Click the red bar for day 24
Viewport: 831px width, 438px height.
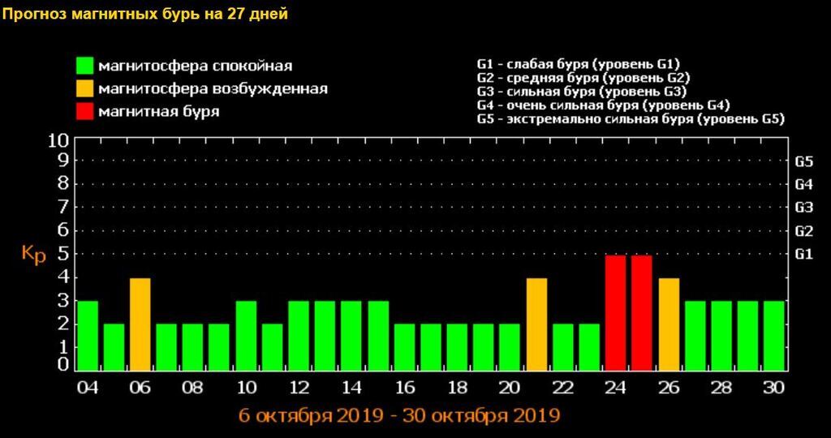pyautogui.click(x=616, y=312)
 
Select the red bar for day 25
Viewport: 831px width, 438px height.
pyautogui.click(x=642, y=312)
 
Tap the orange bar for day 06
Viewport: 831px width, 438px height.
pyautogui.click(x=140, y=324)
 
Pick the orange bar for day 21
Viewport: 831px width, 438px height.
pyautogui.click(x=536, y=324)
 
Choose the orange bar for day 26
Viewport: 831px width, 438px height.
pyautogui.click(x=669, y=324)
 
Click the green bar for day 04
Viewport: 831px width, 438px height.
pyautogui.click(x=88, y=335)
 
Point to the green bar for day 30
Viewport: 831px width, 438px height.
pyautogui.click(x=774, y=335)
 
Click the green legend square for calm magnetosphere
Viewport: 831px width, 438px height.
pyautogui.click(x=84, y=66)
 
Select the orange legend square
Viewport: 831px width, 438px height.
pyautogui.click(x=84, y=88)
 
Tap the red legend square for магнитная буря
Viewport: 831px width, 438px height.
pyautogui.click(x=84, y=111)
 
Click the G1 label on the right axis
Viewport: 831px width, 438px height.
pyautogui.click(x=803, y=255)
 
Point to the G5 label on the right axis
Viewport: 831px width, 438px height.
pyautogui.click(x=803, y=161)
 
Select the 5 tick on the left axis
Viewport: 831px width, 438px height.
pyautogui.click(x=62, y=255)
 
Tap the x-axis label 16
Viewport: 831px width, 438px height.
pyautogui.click(x=404, y=387)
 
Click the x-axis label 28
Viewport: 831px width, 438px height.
pyautogui.click(x=721, y=387)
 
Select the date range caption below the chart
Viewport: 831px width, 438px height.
pyautogui.click(x=399, y=415)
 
